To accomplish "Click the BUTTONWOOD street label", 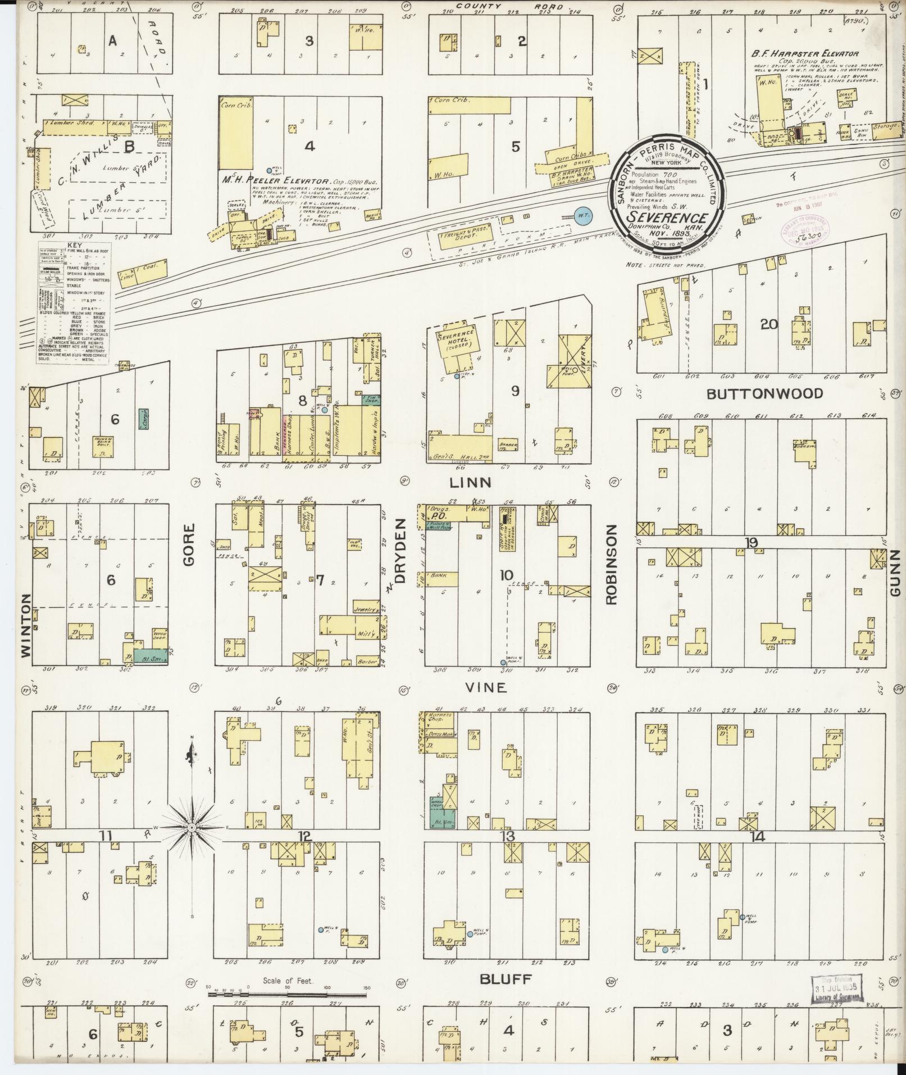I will click(x=764, y=393).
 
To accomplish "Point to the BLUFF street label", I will click(x=506, y=979).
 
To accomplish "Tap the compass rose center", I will click(x=192, y=828).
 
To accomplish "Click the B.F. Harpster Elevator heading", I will click(x=805, y=54).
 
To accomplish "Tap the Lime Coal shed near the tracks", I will click(x=144, y=272).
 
